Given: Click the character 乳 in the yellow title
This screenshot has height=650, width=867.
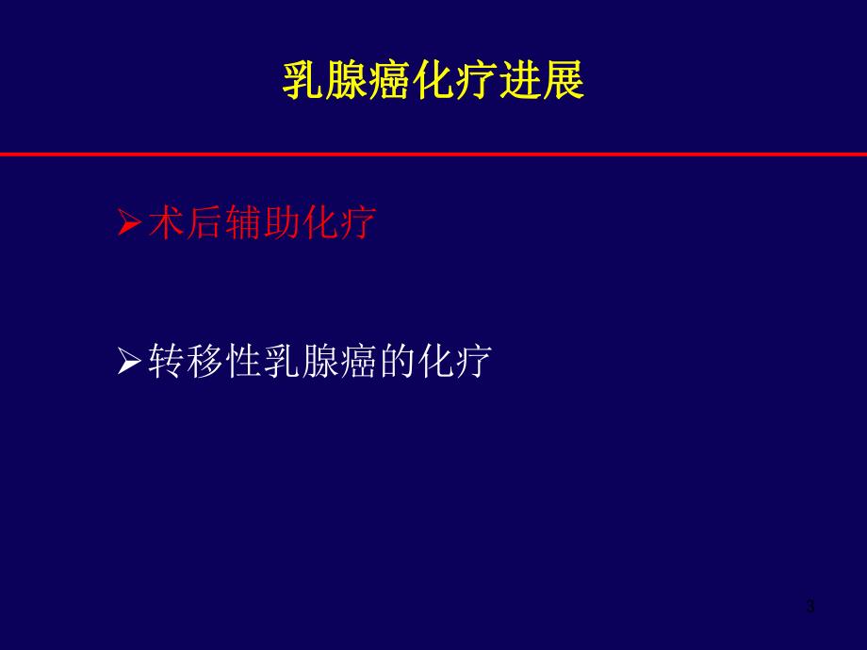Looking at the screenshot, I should click(303, 83).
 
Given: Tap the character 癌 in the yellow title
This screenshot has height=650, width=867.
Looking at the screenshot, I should click(390, 83).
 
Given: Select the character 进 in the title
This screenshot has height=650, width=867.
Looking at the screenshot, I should click(520, 83).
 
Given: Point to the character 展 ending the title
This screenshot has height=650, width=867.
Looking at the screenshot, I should click(564, 83).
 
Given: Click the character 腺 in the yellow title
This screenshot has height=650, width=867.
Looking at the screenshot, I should click(347, 83).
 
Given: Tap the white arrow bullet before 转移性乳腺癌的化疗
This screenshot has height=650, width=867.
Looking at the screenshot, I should click(129, 361).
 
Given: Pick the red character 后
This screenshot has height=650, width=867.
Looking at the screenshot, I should click(204, 223).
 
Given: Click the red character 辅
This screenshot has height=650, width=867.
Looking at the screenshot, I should click(243, 223).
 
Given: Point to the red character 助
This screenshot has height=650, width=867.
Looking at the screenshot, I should click(282, 223).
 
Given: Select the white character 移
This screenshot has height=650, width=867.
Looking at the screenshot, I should click(204, 360).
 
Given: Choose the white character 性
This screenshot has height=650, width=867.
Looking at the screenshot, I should click(243, 360).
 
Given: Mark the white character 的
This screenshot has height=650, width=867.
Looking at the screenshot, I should click(397, 360).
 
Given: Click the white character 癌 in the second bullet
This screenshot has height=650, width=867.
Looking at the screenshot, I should click(358, 360).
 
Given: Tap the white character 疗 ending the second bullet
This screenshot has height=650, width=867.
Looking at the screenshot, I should click(473, 360).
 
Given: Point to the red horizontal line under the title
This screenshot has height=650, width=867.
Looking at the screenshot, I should click(433, 154).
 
